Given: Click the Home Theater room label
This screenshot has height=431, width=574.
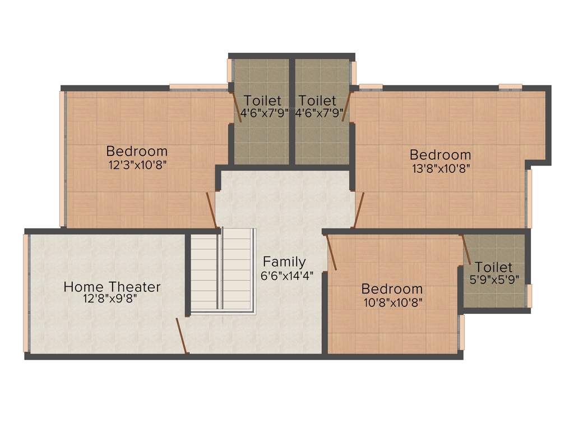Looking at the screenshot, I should [x=112, y=287].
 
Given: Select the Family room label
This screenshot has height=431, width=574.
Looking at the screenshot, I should [x=285, y=262].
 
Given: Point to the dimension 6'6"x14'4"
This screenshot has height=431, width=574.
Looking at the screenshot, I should [x=286, y=276].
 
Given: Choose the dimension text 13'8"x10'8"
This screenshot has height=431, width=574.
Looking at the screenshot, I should [x=440, y=167].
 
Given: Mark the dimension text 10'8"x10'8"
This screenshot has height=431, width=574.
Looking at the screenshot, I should [x=392, y=302].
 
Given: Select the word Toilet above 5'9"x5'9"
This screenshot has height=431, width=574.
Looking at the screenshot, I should [x=494, y=267].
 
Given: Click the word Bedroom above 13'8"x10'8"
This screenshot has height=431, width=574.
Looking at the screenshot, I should [x=440, y=154].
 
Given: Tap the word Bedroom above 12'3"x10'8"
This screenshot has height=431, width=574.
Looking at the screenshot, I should [x=137, y=151].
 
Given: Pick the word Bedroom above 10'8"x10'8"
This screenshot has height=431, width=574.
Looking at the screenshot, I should [x=392, y=289].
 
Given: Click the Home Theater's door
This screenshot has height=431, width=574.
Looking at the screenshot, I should [x=182, y=336].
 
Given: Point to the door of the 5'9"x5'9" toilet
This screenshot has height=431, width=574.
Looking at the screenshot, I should [x=465, y=249].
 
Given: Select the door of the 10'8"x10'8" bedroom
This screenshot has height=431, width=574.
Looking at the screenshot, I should [x=331, y=253].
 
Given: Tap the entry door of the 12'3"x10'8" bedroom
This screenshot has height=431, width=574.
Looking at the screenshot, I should [x=212, y=210].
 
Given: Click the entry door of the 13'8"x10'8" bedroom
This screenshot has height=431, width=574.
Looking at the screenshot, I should [x=359, y=210].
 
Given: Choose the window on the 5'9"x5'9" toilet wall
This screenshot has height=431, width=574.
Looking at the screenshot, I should [x=529, y=295].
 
